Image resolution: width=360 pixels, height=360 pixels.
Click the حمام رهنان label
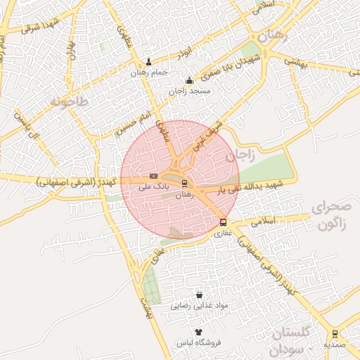(148, 72)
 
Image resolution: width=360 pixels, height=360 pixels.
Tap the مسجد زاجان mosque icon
(188, 81)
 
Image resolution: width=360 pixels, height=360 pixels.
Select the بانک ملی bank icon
(153, 176)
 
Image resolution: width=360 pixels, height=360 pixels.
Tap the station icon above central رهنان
(185, 184)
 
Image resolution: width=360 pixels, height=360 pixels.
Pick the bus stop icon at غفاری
(223, 223)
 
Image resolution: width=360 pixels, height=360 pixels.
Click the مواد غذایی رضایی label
(200, 307)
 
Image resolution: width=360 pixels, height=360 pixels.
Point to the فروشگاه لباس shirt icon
(198, 331)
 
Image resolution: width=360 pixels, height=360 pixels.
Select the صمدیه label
(334, 345)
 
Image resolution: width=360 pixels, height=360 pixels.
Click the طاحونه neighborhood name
(69, 103)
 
